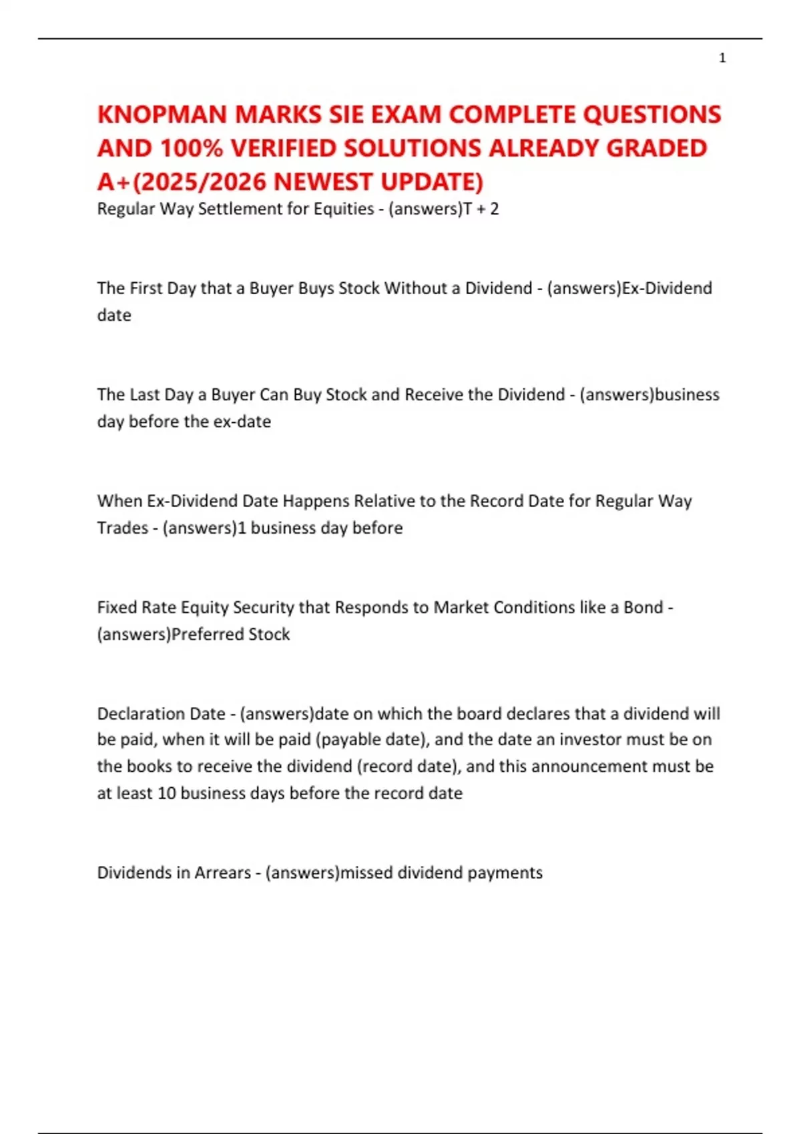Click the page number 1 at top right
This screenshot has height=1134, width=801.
[x=722, y=58]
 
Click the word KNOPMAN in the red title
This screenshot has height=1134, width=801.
[x=163, y=115]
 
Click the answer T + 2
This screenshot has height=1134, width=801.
[x=481, y=209]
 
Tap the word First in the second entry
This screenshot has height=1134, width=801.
[x=146, y=288]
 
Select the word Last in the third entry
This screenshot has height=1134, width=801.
[x=145, y=395]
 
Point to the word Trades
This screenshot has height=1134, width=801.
[x=123, y=528]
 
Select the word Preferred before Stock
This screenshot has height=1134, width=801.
[x=208, y=634]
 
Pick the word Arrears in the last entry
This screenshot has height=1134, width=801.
[x=223, y=873]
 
